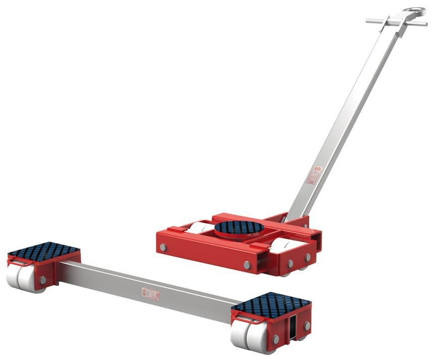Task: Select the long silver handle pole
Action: click(343, 116)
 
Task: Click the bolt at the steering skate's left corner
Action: click(163, 248)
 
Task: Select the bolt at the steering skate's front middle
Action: click(247, 265)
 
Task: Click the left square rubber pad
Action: click(44, 251)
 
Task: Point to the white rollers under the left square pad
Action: click(23, 278)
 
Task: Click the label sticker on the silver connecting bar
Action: click(150, 293)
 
